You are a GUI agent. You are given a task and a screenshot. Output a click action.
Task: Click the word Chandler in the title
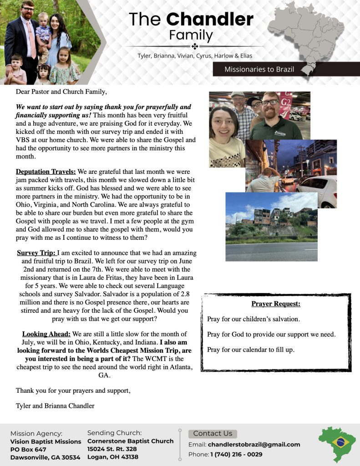tap(210, 19)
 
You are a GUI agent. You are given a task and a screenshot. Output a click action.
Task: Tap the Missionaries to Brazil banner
tap(259, 69)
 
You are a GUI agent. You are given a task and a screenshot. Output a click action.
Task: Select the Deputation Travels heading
tap(46, 172)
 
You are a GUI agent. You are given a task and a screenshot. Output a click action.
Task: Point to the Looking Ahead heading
tap(46, 334)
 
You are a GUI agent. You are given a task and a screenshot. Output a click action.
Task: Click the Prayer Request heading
tap(276, 304)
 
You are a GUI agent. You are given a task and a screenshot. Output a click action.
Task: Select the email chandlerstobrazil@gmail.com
tap(254, 445)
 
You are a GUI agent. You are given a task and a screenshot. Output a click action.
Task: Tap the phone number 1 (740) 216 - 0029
tap(236, 454)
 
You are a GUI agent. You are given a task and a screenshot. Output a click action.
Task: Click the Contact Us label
tap(213, 433)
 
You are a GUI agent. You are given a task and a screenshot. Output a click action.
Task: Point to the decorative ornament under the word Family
tap(194, 46)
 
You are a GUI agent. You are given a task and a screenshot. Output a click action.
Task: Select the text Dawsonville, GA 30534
tap(45, 457)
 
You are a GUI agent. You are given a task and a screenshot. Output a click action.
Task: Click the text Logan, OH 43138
tap(112, 457)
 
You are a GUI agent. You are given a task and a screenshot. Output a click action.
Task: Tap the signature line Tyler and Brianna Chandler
tap(55, 405)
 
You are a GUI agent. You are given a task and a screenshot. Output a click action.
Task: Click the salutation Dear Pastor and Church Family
tap(61, 92)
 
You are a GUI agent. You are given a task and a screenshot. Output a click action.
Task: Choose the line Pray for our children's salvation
tap(253, 319)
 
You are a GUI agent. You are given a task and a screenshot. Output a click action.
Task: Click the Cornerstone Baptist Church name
tap(130, 441)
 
